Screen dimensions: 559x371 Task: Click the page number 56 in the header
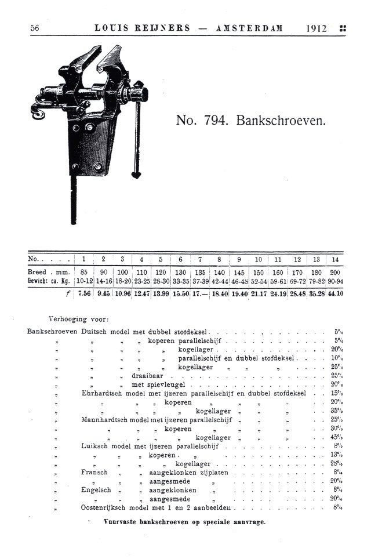[x=34, y=28]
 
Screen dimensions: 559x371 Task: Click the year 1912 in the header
[x=316, y=28]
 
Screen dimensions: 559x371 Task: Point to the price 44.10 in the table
[x=335, y=293]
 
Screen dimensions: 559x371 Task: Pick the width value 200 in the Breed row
[x=335, y=271]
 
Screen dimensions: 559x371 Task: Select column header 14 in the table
[x=335, y=259]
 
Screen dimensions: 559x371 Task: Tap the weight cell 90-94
[x=335, y=281]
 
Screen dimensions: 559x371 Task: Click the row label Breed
[x=37, y=271]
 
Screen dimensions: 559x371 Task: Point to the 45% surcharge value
[x=335, y=437]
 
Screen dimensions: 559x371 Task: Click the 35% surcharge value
[x=335, y=411]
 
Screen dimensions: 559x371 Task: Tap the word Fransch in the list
[x=94, y=473]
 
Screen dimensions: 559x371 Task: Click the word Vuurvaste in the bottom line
[x=120, y=521]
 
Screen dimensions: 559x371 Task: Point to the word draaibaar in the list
[x=147, y=376]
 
